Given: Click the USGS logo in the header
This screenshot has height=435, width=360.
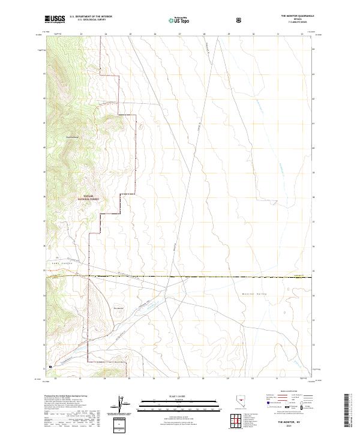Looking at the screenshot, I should coord(55,19).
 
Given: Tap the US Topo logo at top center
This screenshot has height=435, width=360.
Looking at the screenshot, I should coord(176,20).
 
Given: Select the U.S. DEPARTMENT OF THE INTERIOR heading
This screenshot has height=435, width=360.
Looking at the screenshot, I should coord(91,16).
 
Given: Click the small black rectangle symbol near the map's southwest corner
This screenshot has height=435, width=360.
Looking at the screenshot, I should coord(51,364).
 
